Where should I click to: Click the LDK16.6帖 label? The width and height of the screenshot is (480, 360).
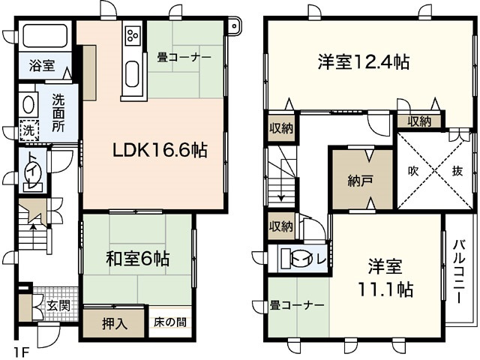tap(160, 150)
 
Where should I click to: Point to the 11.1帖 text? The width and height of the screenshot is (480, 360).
tap(385, 288)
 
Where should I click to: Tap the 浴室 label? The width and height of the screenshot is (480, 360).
tap(42, 64)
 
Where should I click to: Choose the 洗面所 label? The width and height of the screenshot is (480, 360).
tap(58, 113)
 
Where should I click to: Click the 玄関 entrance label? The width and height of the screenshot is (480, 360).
tap(59, 307)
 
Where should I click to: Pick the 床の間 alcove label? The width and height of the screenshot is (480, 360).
tap(171, 323)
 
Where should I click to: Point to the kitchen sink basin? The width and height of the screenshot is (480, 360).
tap(132, 76)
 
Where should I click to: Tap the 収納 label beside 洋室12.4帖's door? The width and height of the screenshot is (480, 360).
tap(419, 121)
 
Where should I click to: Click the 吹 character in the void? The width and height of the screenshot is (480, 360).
tap(413, 171)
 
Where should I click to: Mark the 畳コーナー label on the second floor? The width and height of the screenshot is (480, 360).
tap(297, 306)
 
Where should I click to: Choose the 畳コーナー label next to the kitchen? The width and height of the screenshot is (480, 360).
tap(184, 57)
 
